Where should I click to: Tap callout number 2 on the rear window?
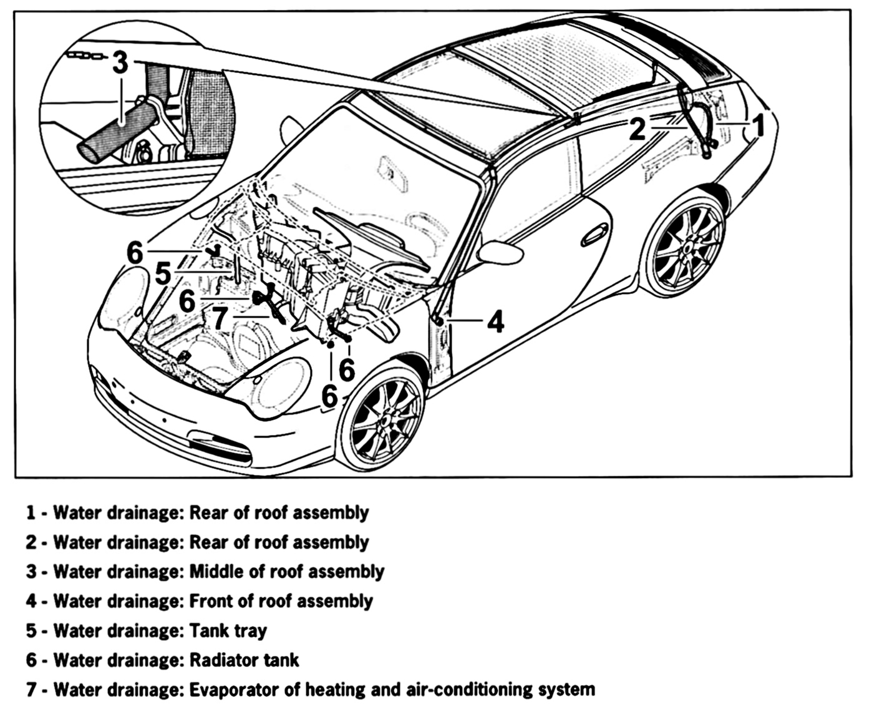tap(637, 129)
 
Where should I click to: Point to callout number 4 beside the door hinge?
tap(495, 322)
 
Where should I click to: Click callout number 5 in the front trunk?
tap(162, 273)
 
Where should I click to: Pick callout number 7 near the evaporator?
tap(220, 318)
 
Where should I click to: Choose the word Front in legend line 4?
tap(208, 601)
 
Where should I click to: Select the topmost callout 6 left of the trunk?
tap(135, 252)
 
